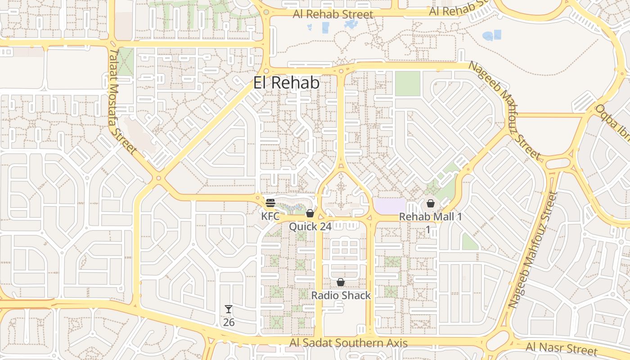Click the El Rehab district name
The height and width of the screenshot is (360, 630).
tap(286, 83)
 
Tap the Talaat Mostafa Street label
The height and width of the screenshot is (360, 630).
tap(122, 101)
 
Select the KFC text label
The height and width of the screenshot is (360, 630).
tap(270, 216)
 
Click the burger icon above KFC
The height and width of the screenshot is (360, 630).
tap(270, 203)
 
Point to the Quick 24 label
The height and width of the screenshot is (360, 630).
tap(310, 226)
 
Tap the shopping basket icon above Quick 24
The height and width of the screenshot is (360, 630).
tap(310, 213)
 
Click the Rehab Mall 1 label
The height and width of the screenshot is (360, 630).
tap(431, 217)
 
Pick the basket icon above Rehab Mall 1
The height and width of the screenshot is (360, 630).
tap(431, 203)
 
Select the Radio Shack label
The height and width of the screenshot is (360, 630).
tap(341, 296)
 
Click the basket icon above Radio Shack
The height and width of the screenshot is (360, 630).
tap(341, 282)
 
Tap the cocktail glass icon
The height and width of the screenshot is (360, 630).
tap(229, 309)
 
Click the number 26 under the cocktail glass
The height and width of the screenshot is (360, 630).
tap(229, 323)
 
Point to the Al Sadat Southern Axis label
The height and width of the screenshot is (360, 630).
tap(349, 343)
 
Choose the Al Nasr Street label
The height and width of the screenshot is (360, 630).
tap(562, 348)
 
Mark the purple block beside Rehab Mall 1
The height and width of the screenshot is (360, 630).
tap(390, 206)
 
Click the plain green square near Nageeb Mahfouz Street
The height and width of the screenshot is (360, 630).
tap(407, 83)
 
